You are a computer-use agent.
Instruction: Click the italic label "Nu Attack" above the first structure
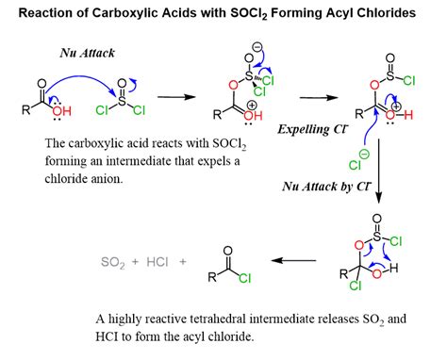click(87, 53)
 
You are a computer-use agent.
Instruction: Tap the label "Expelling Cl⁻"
click(313, 129)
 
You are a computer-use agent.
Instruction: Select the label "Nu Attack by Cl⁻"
click(326, 187)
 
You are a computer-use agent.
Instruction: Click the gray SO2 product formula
click(113, 262)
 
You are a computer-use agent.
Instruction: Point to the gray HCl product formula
click(157, 262)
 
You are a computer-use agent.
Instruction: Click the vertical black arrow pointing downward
click(379, 171)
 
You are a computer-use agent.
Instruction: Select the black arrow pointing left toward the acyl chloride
click(293, 260)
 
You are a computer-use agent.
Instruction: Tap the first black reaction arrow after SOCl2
click(176, 96)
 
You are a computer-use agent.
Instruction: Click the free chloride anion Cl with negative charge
click(355, 165)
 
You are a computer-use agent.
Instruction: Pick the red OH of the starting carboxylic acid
click(62, 110)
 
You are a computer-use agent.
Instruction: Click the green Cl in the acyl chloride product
click(245, 278)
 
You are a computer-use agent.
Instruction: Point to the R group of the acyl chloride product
click(212, 277)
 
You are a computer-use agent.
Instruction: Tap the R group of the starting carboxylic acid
click(25, 110)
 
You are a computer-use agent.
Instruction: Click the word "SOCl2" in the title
click(249, 13)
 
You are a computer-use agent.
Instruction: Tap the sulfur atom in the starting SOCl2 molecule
click(122, 100)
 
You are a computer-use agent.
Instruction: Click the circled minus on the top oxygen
click(257, 47)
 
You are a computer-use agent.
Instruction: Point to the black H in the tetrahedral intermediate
click(393, 268)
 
